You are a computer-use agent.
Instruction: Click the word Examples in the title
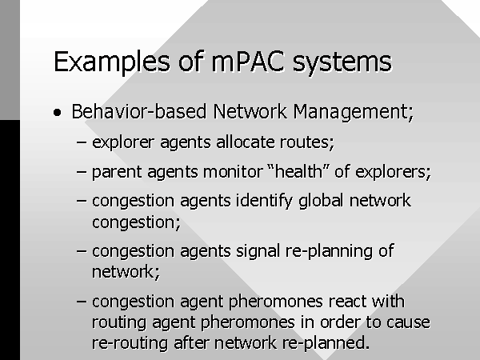[x=112, y=62]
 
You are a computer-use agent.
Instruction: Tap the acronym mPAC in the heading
[x=248, y=62]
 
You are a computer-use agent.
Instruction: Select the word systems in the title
[x=342, y=63]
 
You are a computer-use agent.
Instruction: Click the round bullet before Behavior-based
[x=57, y=112]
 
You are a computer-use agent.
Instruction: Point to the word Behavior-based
[x=139, y=111]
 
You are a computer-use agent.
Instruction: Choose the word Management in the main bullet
[x=354, y=112]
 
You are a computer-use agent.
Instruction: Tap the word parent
[x=117, y=172]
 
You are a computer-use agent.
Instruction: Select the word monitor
[x=233, y=172]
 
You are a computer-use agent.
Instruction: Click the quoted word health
[x=298, y=171]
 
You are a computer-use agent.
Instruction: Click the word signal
[x=258, y=252]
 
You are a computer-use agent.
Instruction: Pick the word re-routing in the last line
[x=130, y=343]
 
